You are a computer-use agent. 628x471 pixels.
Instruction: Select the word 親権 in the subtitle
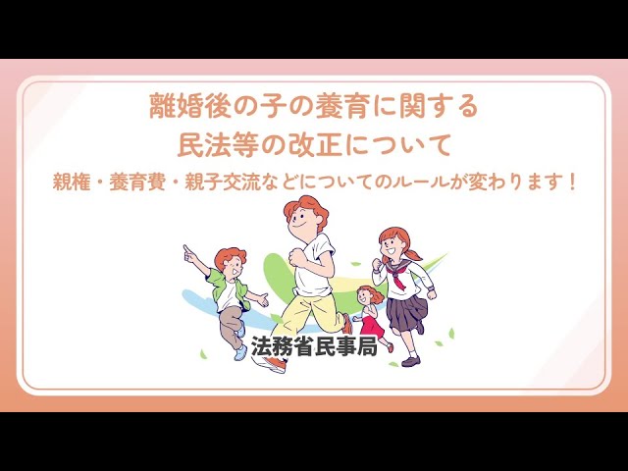click(x=75, y=183)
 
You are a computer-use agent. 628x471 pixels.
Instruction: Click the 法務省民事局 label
click(x=314, y=346)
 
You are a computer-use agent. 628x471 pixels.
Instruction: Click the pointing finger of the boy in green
click(x=185, y=249)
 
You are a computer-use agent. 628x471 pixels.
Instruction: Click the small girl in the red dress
click(x=369, y=314)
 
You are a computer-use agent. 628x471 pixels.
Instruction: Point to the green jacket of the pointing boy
click(x=217, y=285)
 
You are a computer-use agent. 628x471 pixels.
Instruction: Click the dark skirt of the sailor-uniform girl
click(x=406, y=311)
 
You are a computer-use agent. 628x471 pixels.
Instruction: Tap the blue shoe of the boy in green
click(x=239, y=352)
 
